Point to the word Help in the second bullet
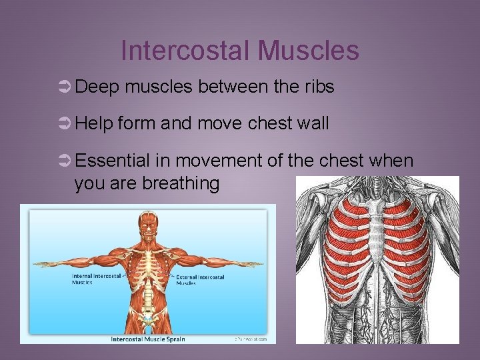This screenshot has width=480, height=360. pyautogui.click(x=94, y=124)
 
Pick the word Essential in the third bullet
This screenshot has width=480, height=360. pyautogui.click(x=113, y=161)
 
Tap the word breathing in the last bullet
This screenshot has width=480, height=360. pyautogui.click(x=181, y=183)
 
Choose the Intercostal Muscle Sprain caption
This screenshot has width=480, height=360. pyautogui.click(x=148, y=339)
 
